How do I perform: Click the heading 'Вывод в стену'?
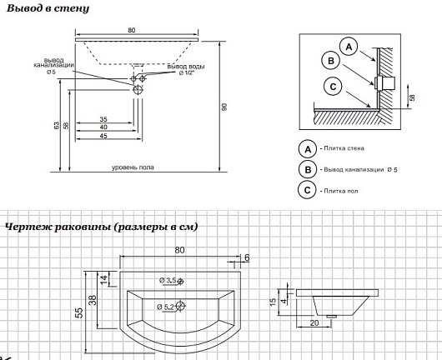point(48,8)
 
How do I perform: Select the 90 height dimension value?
point(224,107)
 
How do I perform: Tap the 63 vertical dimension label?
point(57,125)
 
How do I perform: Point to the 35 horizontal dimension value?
point(103,119)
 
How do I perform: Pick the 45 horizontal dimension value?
point(103,136)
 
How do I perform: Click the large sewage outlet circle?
point(138,89)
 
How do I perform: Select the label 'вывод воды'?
point(186,67)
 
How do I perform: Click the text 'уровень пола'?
point(133,167)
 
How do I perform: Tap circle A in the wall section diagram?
point(349,47)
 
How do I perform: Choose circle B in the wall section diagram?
point(331,61)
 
